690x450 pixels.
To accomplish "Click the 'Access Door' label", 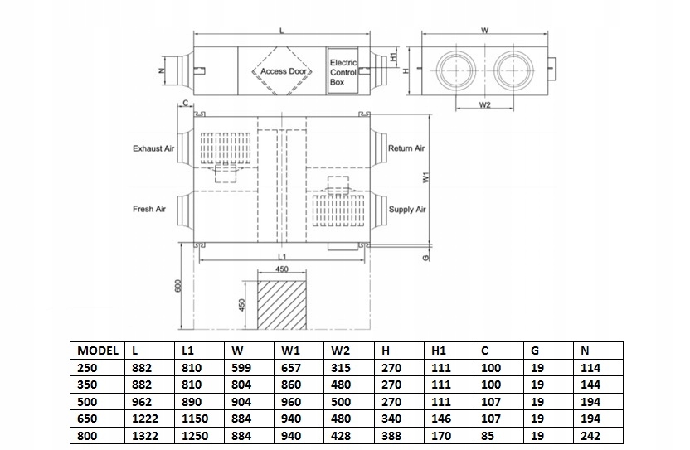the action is [x=284, y=71].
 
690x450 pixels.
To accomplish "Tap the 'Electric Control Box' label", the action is [x=343, y=72].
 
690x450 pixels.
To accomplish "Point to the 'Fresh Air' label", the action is [x=149, y=209].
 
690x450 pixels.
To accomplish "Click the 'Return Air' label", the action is [x=406, y=148].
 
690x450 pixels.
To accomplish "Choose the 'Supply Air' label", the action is [x=407, y=210].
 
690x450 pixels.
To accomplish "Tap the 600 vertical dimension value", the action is [x=177, y=285].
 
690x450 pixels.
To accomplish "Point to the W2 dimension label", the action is [x=485, y=105].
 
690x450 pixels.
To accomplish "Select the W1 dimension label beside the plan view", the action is [x=424, y=178].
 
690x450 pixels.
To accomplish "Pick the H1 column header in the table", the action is [x=436, y=350].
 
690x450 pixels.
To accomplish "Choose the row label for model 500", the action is [x=86, y=402].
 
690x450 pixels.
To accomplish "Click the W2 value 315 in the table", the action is [x=340, y=367].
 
